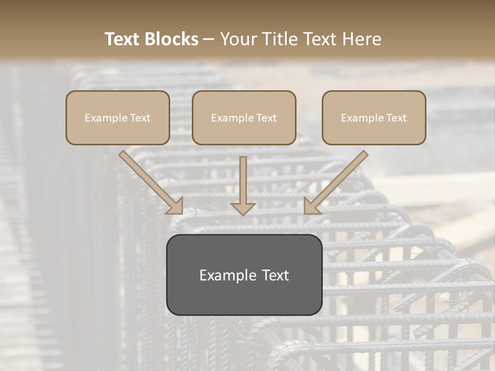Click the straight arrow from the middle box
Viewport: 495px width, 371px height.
pos(243,180)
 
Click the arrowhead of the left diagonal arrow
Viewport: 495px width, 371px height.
pos(175,206)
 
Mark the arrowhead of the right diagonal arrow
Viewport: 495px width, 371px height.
pos(311,206)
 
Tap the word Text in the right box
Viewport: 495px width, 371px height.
pos(396,118)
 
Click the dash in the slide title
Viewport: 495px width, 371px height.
pos(209,39)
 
